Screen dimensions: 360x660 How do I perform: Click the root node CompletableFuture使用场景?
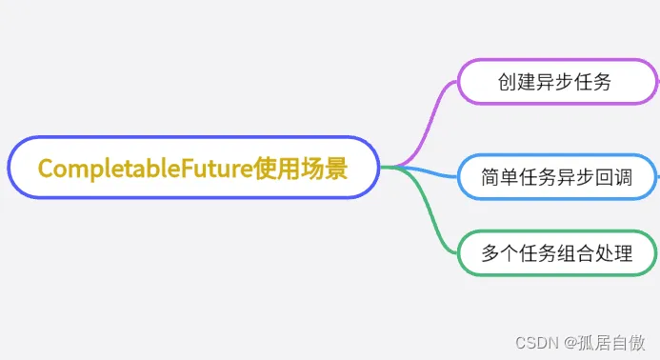[x=193, y=168]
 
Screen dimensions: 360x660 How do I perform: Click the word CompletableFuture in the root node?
[x=145, y=169]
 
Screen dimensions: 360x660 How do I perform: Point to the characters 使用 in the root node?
[x=277, y=169]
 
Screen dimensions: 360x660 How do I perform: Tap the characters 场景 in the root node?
[x=325, y=169]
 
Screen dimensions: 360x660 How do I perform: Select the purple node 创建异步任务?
[x=554, y=82]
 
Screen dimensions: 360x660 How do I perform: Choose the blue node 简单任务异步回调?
[x=555, y=177]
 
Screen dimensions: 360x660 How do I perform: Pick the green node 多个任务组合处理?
[x=555, y=253]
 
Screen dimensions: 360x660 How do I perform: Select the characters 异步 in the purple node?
[x=554, y=82]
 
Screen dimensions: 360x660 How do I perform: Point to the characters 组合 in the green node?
[x=574, y=253]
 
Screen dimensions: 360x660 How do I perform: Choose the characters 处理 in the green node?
[x=611, y=253]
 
